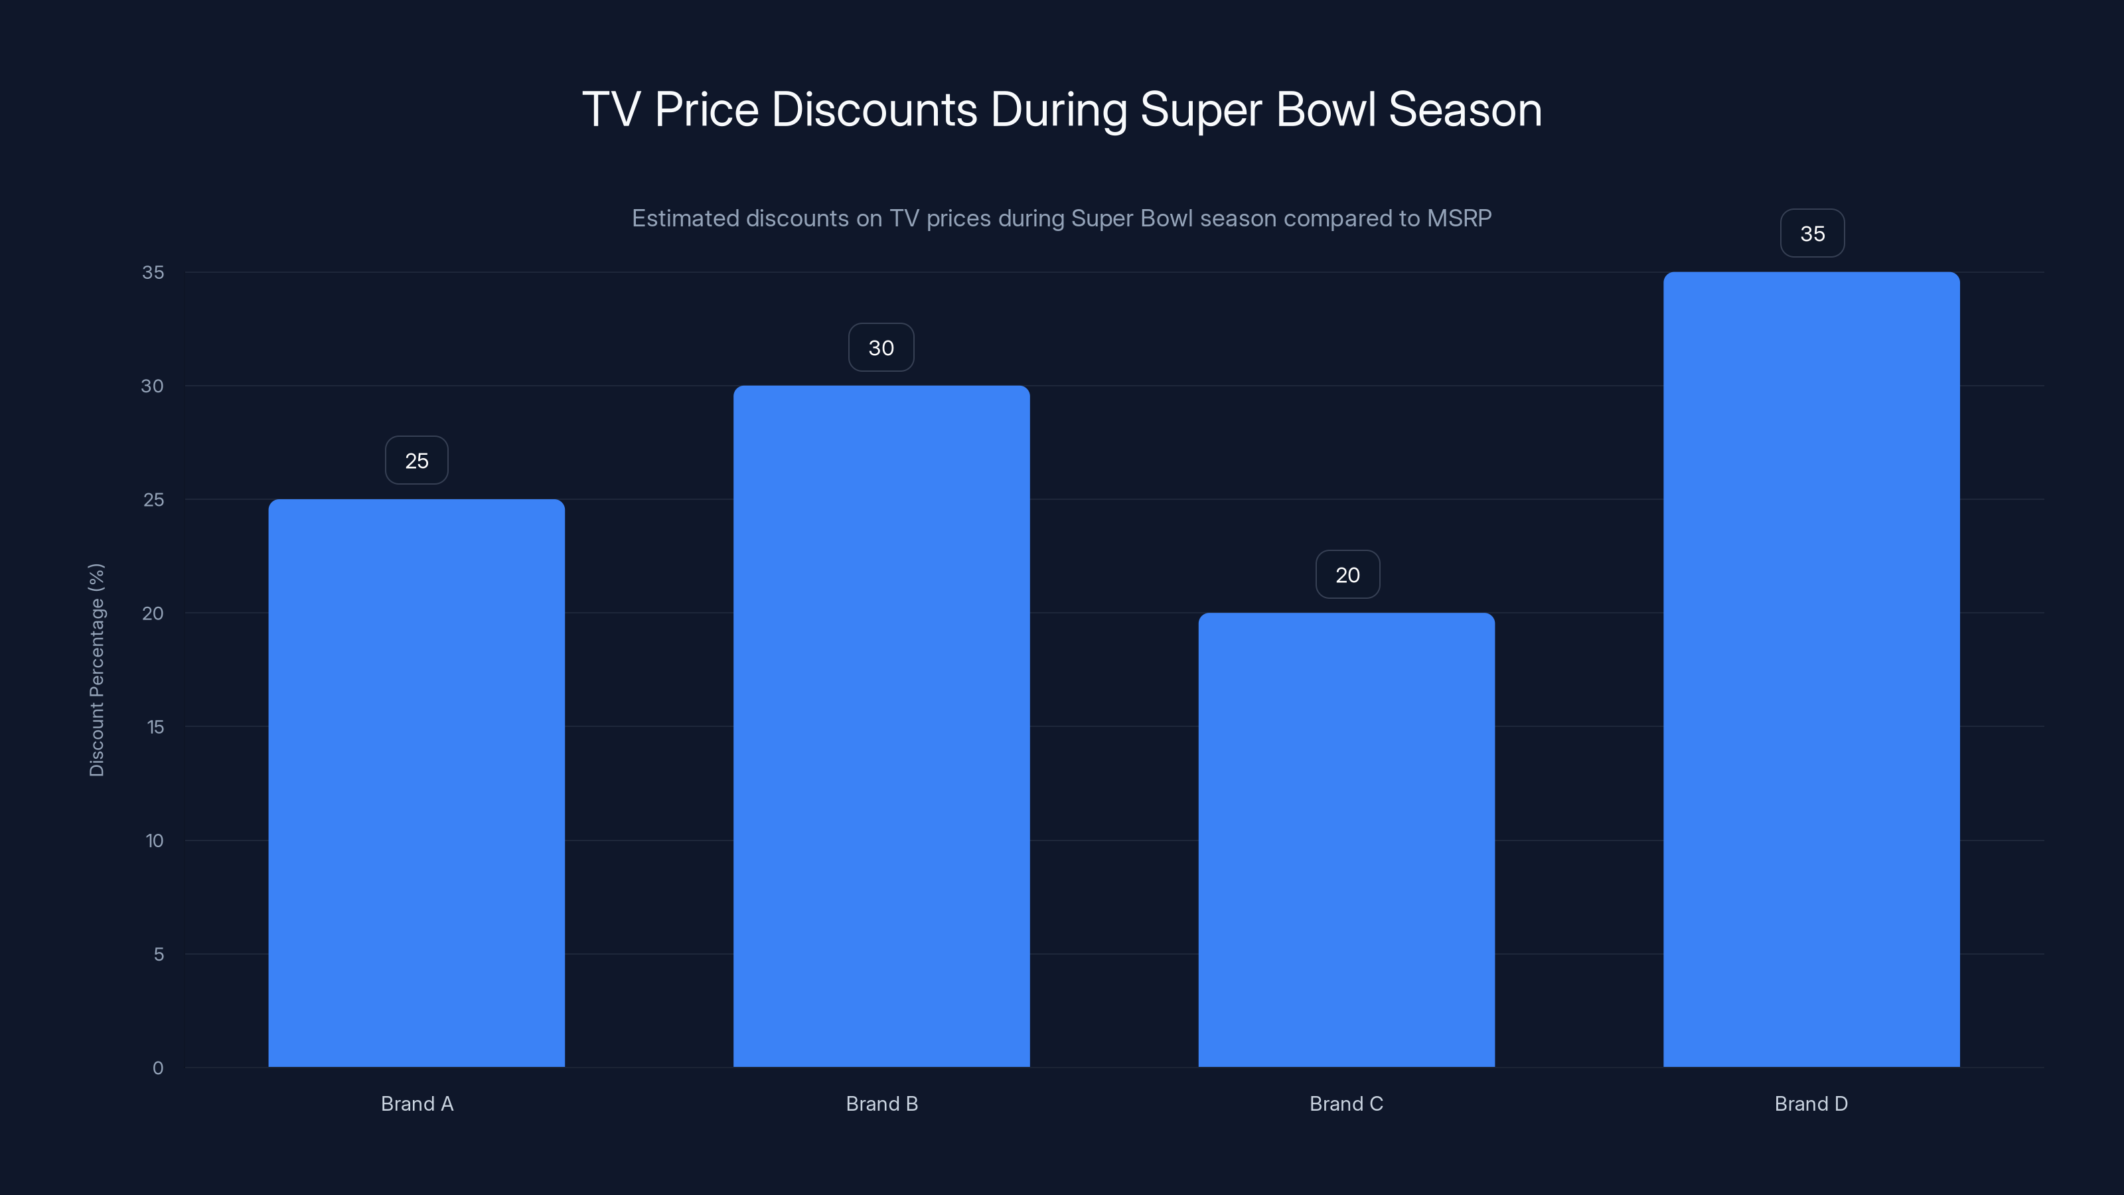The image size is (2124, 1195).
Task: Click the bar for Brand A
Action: pyautogui.click(x=416, y=783)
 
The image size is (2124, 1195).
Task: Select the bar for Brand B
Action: pyautogui.click(x=881, y=726)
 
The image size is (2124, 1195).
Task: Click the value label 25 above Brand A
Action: pyautogui.click(x=416, y=460)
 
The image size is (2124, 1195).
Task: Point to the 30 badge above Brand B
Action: pyautogui.click(x=881, y=347)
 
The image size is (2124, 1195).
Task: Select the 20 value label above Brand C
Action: pyautogui.click(x=1347, y=575)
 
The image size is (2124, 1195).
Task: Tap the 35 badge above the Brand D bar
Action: pyautogui.click(x=1811, y=234)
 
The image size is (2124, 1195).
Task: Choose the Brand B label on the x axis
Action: pyautogui.click(x=881, y=1103)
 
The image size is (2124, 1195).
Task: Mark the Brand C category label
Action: pyautogui.click(x=1345, y=1103)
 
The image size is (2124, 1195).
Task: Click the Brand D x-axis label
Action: pyautogui.click(x=1811, y=1103)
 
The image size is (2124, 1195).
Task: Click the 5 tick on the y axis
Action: pyautogui.click(x=159, y=954)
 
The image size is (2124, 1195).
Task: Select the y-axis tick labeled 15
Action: pyautogui.click(x=155, y=726)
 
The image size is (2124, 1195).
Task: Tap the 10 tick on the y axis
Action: pyautogui.click(x=154, y=840)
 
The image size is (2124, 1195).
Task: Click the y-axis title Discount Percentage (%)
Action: pyautogui.click(x=96, y=670)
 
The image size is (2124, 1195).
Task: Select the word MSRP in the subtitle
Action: pyautogui.click(x=1459, y=218)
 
